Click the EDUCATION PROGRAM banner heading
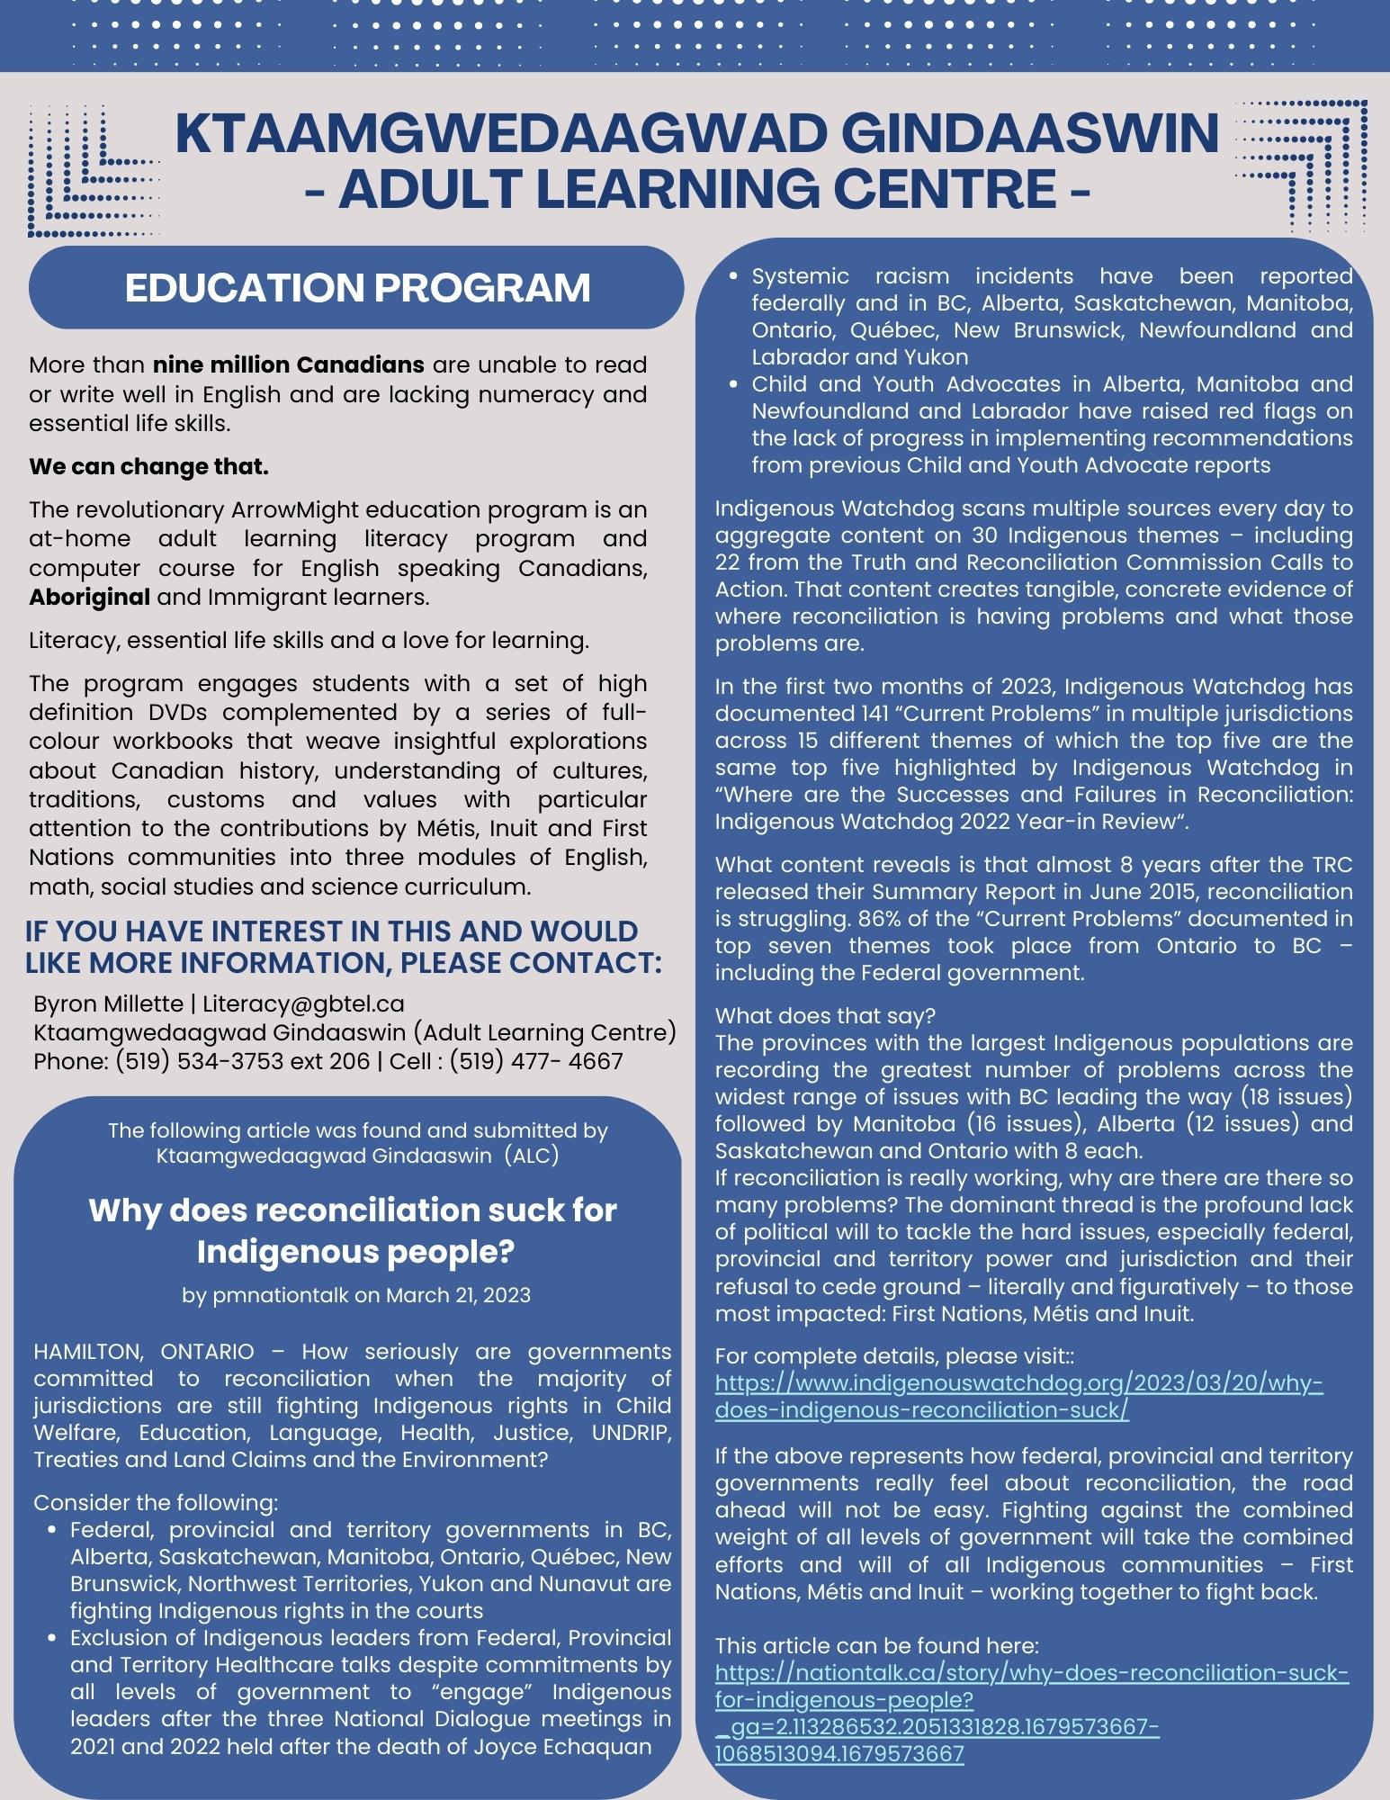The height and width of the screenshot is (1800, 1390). click(357, 288)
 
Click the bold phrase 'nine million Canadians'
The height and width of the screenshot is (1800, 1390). click(288, 365)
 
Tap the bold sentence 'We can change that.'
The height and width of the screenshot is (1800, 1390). click(148, 467)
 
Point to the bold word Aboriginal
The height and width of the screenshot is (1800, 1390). click(89, 598)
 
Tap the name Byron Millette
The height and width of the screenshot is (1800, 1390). click(107, 1003)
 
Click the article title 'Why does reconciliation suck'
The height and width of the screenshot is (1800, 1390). click(352, 1210)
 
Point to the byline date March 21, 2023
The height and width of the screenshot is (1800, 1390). click(458, 1295)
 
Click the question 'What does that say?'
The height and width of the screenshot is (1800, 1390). click(825, 1016)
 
